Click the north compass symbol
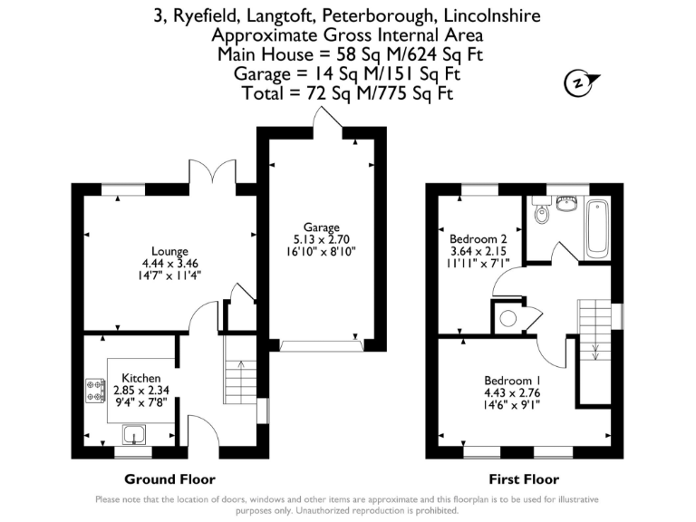pyautogui.click(x=576, y=83)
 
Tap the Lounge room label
pyautogui.click(x=170, y=252)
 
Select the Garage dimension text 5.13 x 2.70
pyautogui.click(x=322, y=240)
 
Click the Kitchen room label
pyautogui.click(x=142, y=378)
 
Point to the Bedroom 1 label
pyautogui.click(x=512, y=380)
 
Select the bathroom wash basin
pyautogui.click(x=568, y=201)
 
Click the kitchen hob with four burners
pyautogui.click(x=95, y=390)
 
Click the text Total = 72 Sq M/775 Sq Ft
pyautogui.click(x=348, y=93)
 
